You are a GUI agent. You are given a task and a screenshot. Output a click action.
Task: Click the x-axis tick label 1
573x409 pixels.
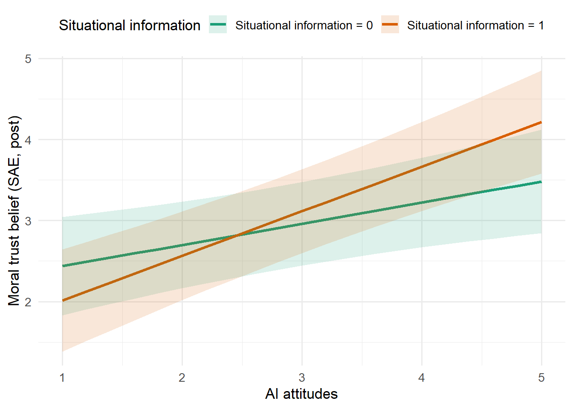pos(62,378)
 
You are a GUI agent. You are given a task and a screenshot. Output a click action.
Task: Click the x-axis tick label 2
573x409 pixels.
pos(182,378)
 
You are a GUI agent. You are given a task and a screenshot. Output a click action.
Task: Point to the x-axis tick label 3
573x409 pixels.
pos(302,378)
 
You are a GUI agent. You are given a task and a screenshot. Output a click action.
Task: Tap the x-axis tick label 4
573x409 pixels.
pos(422,378)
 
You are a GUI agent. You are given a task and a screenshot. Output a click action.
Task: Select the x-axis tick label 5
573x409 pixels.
pos(541,378)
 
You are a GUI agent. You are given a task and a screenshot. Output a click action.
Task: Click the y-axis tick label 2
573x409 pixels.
pos(28,302)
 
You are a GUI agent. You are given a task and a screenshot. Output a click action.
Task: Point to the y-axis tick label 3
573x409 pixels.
pos(28,221)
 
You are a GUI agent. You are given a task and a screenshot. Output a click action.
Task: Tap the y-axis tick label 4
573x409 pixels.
pos(28,140)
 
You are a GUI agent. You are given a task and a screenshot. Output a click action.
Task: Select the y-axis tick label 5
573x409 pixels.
pos(28,59)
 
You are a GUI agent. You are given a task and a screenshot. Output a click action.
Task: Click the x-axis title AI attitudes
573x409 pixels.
pos(301,394)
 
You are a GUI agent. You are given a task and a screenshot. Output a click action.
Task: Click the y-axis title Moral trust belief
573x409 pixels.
pos(14,211)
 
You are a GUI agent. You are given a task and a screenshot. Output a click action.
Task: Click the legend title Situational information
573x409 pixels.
pos(130,26)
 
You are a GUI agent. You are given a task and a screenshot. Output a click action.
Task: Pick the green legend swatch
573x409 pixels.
pos(218,25)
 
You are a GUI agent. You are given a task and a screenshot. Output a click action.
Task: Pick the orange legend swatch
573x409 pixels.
pos(390,25)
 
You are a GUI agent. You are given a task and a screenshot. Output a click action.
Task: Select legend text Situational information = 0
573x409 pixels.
pos(304,26)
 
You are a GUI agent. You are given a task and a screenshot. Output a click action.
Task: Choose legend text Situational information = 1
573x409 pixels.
pos(475,26)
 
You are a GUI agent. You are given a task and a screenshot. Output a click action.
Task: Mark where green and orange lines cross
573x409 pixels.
pos(237,235)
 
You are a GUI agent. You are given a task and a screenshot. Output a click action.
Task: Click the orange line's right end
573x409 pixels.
pos(541,122)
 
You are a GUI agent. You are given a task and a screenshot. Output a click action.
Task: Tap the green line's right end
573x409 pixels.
pos(541,182)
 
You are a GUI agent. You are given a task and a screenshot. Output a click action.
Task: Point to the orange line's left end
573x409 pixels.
pos(63,300)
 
